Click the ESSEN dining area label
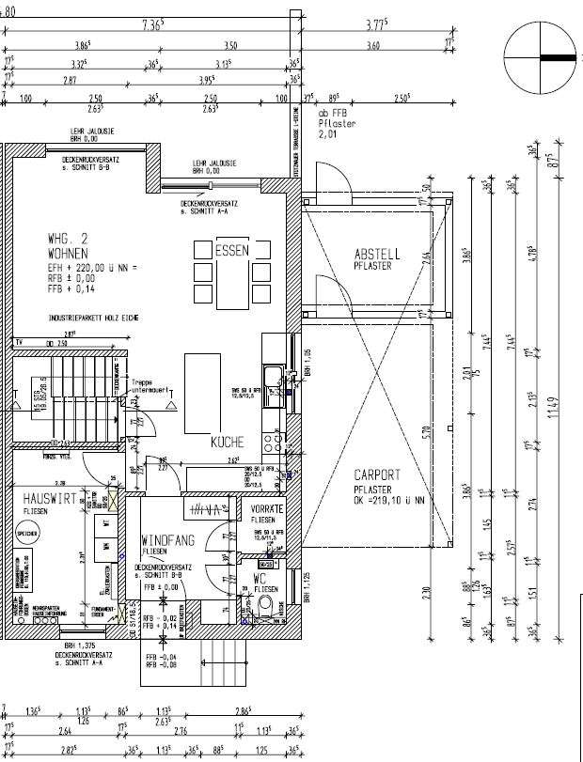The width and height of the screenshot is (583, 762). tap(231, 251)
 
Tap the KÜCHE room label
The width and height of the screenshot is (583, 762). tap(227, 441)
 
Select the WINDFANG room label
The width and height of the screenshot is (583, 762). tap(168, 541)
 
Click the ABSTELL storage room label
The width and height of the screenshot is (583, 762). tap(377, 254)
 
